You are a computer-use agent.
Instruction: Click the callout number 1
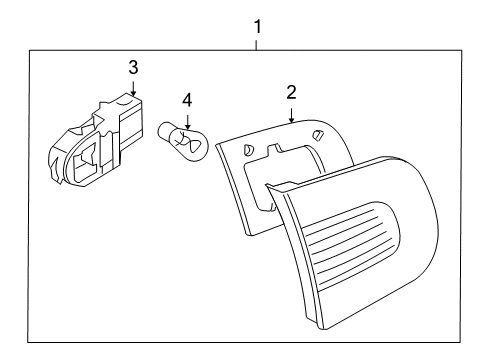pyautogui.click(x=257, y=27)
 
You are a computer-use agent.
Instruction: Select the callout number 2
pyautogui.click(x=291, y=92)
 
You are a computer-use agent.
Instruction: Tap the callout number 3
pyautogui.click(x=133, y=67)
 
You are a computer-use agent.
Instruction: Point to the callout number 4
pyautogui.click(x=187, y=100)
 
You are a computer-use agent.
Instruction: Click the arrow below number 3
pyautogui.click(x=133, y=89)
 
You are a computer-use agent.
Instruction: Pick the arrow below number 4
pyautogui.click(x=188, y=122)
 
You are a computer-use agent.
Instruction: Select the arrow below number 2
pyautogui.click(x=292, y=115)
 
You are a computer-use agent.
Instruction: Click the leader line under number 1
pyautogui.click(x=256, y=45)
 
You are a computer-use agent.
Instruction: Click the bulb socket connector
pyautogui.click(x=97, y=140)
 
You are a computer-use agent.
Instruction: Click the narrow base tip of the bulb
pyautogui.click(x=163, y=130)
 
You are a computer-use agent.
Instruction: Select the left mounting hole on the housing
pyautogui.click(x=248, y=150)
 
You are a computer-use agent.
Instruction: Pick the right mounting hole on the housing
pyautogui.click(x=318, y=134)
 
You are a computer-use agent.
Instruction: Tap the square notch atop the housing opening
pyautogui.click(x=274, y=149)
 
